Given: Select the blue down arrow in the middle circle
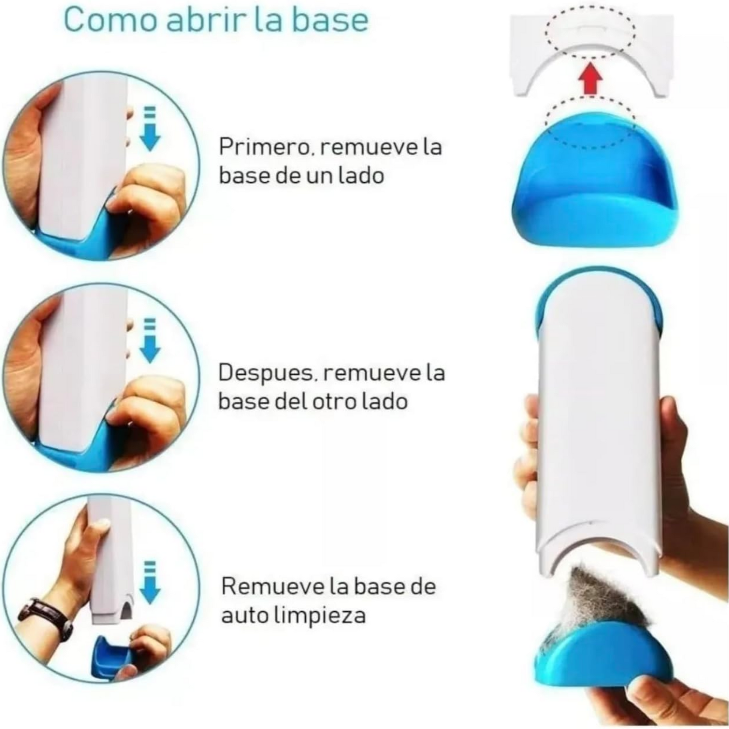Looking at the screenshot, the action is click(x=150, y=342).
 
